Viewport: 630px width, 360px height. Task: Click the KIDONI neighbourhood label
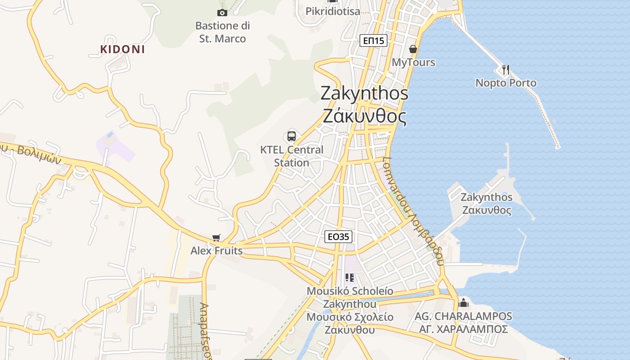pos(122,49)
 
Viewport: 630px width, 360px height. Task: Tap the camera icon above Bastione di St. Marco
pos(222,13)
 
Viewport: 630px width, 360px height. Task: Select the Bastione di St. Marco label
pos(223,32)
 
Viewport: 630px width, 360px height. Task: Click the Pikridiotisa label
pos(333,11)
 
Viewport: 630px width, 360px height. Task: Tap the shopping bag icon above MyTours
pos(413,49)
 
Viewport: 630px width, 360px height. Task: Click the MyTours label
pos(414,62)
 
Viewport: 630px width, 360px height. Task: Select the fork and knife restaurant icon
pos(506,69)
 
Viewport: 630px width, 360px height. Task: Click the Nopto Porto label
pos(506,83)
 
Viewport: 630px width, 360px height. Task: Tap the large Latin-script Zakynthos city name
pos(364,93)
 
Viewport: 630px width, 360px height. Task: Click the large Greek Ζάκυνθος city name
pos(364,117)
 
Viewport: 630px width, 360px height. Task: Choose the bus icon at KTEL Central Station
pos(292,136)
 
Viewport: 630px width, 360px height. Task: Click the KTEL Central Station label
pos(292,156)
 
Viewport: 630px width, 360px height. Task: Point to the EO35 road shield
pos(338,237)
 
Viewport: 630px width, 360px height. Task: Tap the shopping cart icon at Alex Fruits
pos(216,238)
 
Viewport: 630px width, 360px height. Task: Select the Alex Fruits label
pos(216,251)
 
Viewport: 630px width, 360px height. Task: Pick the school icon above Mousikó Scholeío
pos(350,277)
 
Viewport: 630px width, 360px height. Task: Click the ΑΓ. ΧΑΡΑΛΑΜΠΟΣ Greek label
pos(463,329)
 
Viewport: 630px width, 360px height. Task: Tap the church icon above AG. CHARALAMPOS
pos(463,302)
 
